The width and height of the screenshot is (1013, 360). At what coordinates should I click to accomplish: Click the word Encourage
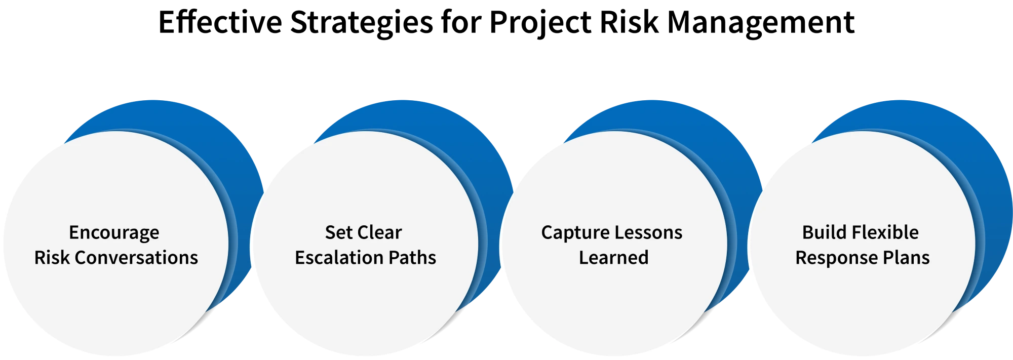coord(114,233)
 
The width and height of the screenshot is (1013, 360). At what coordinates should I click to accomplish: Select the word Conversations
coord(136,258)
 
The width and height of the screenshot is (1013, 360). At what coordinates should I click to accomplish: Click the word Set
coord(338,232)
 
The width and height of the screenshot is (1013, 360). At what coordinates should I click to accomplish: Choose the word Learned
coord(613,258)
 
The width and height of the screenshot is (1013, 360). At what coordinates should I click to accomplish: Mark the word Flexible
coord(884,232)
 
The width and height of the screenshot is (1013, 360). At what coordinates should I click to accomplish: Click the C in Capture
coord(547,232)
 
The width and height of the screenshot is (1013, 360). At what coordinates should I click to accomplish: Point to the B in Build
coord(807,232)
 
